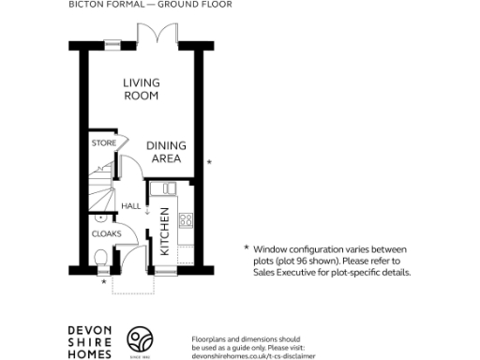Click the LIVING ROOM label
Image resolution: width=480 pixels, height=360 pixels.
[x=141, y=89]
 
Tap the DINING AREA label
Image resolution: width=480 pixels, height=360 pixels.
[x=166, y=152]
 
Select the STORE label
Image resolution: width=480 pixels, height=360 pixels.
[x=103, y=142]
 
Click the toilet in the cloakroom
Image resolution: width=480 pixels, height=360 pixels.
[x=100, y=258]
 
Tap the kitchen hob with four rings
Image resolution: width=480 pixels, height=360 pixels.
[x=186, y=221]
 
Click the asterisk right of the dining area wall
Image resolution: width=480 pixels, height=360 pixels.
[x=209, y=163]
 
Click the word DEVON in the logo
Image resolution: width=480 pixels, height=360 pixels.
[x=91, y=329]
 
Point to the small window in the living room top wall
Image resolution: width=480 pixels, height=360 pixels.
[x=112, y=41]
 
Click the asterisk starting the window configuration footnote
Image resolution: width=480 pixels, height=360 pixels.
[x=246, y=248]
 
